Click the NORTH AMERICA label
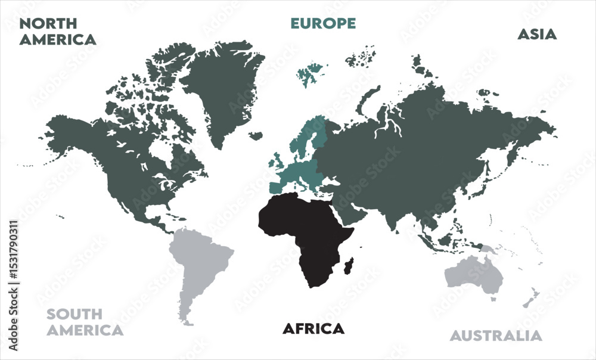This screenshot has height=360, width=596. point(57,32)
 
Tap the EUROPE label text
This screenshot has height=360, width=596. point(323,23)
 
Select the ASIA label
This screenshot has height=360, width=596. point(536,34)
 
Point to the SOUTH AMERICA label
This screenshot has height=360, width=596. point(85,322)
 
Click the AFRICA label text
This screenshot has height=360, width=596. point(313,328)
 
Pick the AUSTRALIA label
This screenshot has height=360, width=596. point(496,336)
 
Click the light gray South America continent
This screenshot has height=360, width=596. point(200,262)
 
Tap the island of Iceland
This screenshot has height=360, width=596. point(256,136)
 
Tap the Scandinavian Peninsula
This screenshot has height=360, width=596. point(310,134)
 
